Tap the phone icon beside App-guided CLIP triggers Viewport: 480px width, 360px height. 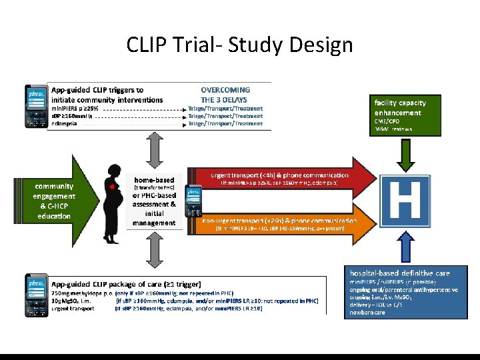point(36,106)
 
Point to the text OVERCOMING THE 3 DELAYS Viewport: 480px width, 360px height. point(225,94)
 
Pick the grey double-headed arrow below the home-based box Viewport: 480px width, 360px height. point(152,252)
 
